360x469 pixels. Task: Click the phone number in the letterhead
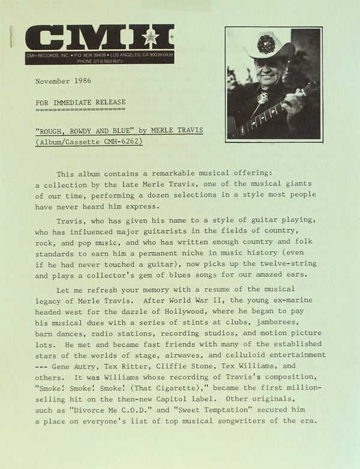click(125, 61)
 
